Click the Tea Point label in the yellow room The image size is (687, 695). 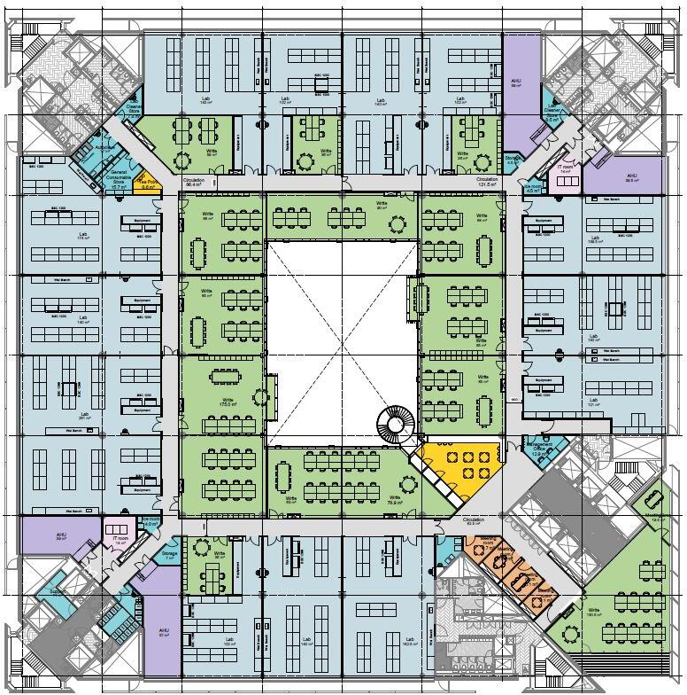[x=151, y=184]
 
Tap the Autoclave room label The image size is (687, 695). [x=105, y=146]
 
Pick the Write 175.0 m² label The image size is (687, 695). [x=228, y=402]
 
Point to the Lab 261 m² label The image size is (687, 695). [x=85, y=416]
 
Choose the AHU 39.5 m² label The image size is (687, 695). [x=631, y=177]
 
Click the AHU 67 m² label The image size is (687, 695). [x=164, y=633]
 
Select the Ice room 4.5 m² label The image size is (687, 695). [x=151, y=523]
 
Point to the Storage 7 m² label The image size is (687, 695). [x=169, y=555]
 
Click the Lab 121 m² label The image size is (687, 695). [x=596, y=404]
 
